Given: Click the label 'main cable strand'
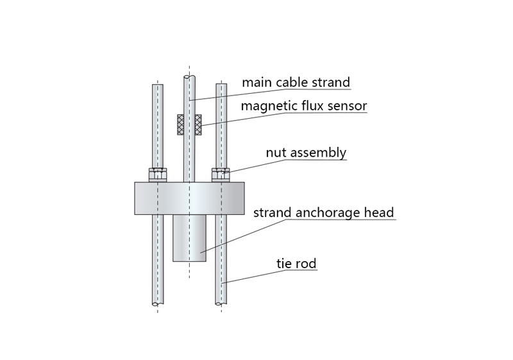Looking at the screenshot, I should [296, 83].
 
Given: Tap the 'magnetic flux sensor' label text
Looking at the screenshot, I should [303, 106].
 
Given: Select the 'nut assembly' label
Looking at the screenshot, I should [306, 153].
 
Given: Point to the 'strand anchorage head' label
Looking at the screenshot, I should [323, 212].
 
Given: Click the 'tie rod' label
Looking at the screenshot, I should [296, 263].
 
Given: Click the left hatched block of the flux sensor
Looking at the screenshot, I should [180, 124].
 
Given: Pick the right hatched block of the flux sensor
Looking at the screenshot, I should [198, 124].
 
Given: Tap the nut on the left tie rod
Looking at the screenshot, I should [157, 175].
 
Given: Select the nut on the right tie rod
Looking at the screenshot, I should [221, 175].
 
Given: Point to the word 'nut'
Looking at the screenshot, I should [276, 153].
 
